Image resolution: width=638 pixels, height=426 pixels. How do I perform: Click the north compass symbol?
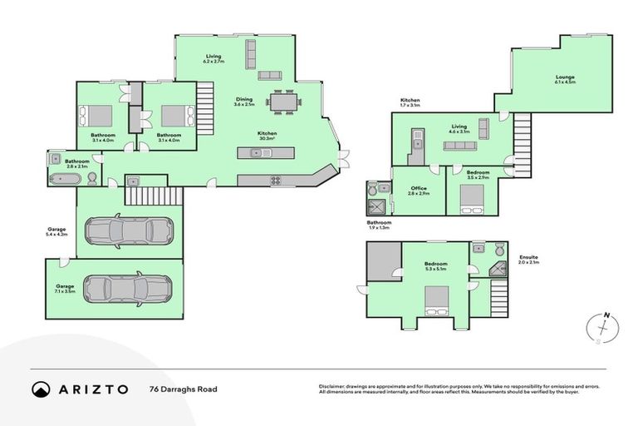(603, 326)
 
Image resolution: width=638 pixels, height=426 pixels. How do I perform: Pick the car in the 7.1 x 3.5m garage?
(127, 289)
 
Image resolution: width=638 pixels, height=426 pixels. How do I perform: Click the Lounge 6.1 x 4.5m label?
(565, 81)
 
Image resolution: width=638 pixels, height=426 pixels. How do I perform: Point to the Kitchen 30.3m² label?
(267, 136)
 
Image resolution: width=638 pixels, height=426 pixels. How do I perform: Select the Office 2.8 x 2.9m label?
(419, 191)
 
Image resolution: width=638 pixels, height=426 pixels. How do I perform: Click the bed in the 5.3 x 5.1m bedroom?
(436, 300)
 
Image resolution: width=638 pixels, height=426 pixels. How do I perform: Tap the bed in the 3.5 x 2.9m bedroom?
(473, 201)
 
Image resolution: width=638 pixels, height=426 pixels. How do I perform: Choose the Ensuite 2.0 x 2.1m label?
(528, 260)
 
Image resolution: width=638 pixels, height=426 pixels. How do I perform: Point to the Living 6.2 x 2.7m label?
(214, 58)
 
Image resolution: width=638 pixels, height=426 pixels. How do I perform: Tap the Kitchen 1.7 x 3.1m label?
(410, 103)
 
